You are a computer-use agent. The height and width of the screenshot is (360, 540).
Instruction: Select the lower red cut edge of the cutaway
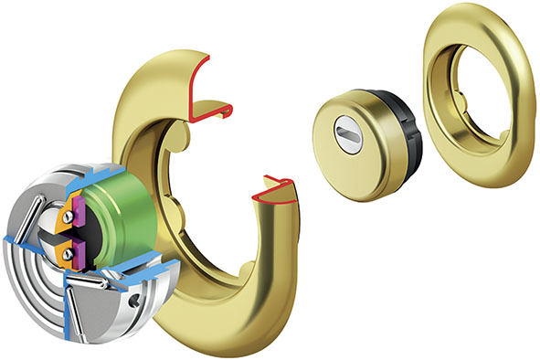point(280,191)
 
